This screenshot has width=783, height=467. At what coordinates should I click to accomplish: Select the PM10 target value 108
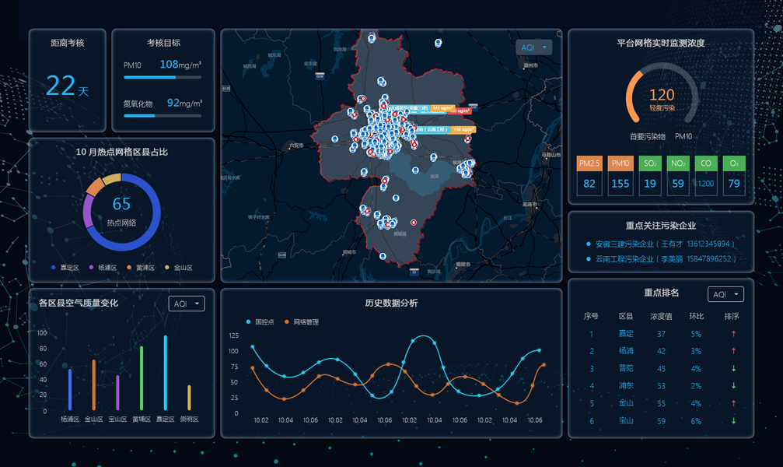(x=169, y=64)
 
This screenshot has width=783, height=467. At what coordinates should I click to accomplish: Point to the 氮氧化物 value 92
(x=173, y=103)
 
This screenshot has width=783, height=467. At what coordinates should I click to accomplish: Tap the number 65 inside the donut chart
(x=121, y=204)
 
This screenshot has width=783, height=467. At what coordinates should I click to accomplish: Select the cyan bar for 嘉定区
(x=165, y=373)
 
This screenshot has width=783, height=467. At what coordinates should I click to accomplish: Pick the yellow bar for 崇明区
(x=189, y=398)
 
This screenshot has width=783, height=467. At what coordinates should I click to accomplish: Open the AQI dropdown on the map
(x=533, y=47)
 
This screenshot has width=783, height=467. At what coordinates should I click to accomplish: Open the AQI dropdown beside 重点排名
(x=725, y=294)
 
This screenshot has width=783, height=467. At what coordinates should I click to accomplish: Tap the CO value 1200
(x=706, y=184)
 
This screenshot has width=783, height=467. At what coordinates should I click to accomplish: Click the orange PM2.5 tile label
(x=589, y=163)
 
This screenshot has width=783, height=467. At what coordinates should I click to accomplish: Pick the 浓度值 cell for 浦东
(x=662, y=386)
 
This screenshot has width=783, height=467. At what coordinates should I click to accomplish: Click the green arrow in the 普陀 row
(x=732, y=369)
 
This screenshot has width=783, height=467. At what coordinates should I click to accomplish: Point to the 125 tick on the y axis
(x=234, y=335)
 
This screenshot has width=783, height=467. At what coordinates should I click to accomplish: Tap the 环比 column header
(x=696, y=317)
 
